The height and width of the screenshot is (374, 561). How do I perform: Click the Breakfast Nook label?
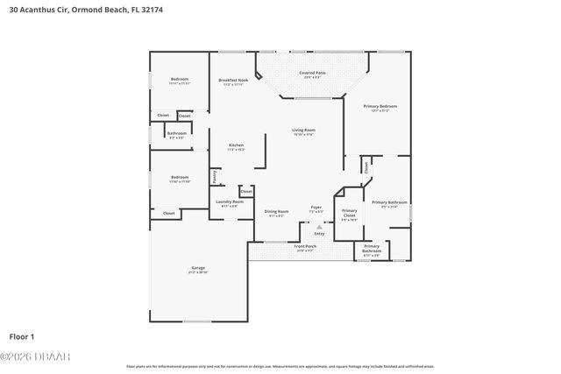[233, 81]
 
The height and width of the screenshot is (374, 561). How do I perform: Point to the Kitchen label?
[236, 145]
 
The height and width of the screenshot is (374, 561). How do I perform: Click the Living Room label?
[303, 131]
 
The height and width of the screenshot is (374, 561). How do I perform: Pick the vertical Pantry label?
[215, 176]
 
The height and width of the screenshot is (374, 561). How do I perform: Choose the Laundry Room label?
[230, 202]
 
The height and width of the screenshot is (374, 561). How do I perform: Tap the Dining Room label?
[276, 211]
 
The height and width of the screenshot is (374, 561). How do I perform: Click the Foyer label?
[316, 208]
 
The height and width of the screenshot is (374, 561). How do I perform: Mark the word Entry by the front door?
[319, 233]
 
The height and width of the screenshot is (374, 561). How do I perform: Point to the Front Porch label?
[305, 247]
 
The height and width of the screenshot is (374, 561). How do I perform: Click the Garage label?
[198, 268]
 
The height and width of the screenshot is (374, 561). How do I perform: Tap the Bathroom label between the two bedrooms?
[177, 134]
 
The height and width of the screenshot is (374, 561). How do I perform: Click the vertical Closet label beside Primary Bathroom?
[366, 166]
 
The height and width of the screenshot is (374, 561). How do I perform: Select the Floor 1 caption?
[21, 335]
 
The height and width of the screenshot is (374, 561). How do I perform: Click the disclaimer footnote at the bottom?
[280, 366]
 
